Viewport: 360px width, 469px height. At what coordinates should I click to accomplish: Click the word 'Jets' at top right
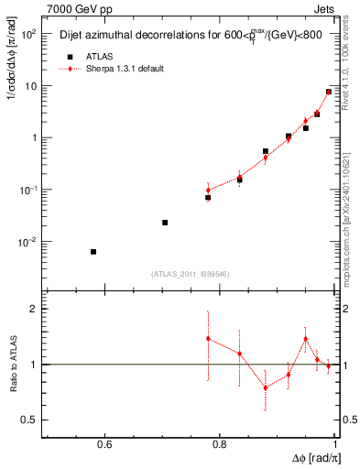tap(325, 7)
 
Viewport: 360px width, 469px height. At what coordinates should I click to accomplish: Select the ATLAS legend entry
tap(87, 56)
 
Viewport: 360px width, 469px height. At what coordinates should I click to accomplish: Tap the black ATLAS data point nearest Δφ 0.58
tap(93, 252)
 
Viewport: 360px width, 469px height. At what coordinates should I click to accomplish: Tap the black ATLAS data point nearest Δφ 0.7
tap(165, 223)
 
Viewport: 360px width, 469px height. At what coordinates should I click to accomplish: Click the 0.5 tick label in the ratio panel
tap(29, 420)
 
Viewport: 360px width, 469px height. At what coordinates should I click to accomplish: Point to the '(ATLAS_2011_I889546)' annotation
tap(190, 274)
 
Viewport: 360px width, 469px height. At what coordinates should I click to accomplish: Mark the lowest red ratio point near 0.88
tap(266, 387)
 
